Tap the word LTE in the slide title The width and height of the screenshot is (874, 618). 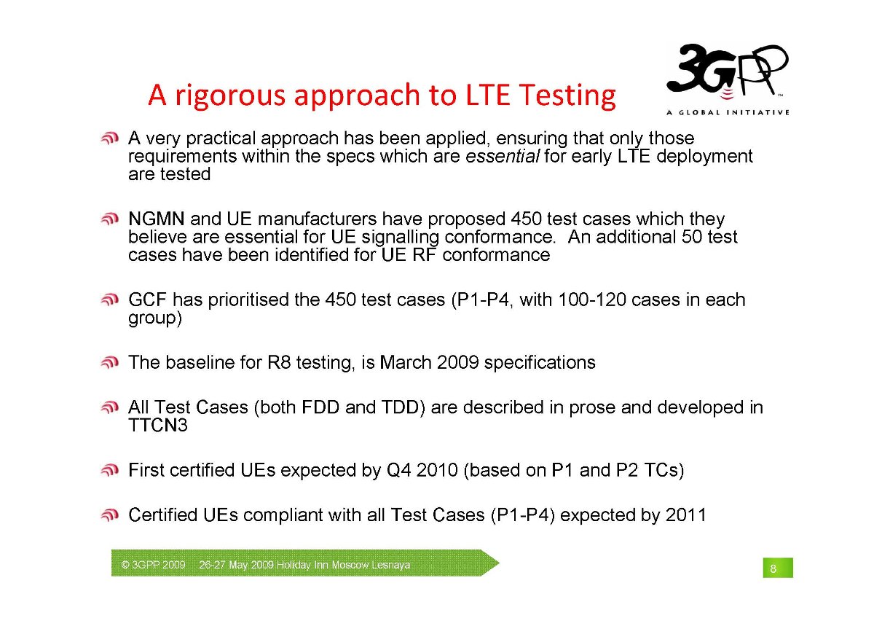point(488,95)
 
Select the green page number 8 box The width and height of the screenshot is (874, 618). point(778,568)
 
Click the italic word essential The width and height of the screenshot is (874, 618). point(503,157)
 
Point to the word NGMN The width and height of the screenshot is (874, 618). point(157,219)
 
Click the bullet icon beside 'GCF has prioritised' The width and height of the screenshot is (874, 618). point(110,300)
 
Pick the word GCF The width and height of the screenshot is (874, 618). point(147,300)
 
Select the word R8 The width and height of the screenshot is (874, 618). point(279,362)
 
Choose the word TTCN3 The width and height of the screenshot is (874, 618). point(158,425)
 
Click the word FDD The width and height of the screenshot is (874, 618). point(320,407)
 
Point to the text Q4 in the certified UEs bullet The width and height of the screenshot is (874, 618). point(398,470)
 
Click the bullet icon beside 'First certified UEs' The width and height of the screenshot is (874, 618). point(110,470)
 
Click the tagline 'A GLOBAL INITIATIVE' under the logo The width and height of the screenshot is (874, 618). point(728,112)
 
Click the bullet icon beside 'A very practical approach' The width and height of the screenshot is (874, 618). point(110,138)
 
